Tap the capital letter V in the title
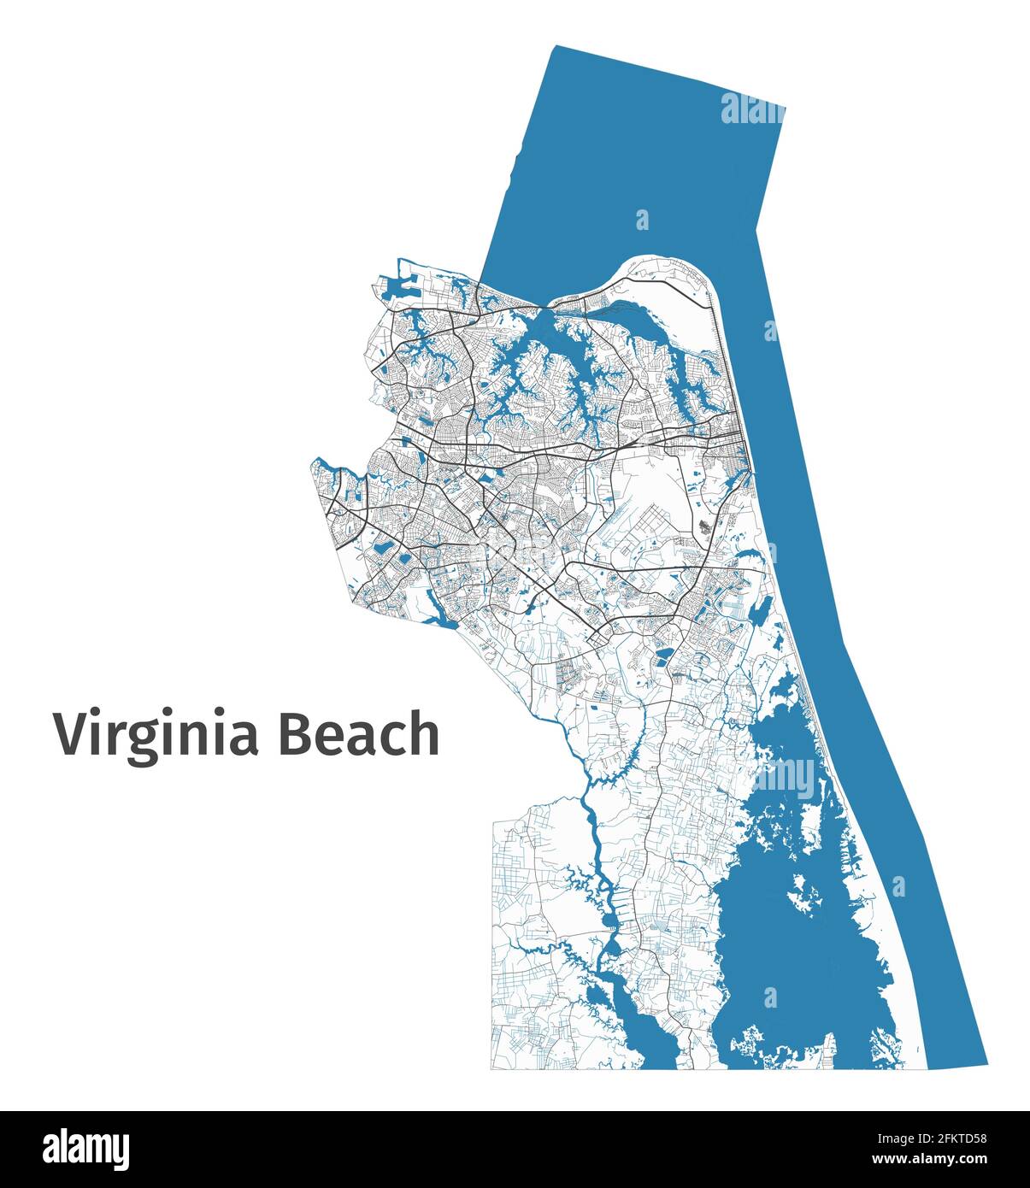click(x=72, y=734)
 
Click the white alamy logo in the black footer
click(x=85, y=1150)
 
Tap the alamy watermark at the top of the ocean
click(x=751, y=110)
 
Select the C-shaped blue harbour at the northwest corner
click(x=394, y=287)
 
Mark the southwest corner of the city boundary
click(x=491, y=1068)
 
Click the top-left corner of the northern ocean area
click(x=556, y=47)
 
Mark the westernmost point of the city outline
click(x=311, y=464)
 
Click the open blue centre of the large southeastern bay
click(x=795, y=949)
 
